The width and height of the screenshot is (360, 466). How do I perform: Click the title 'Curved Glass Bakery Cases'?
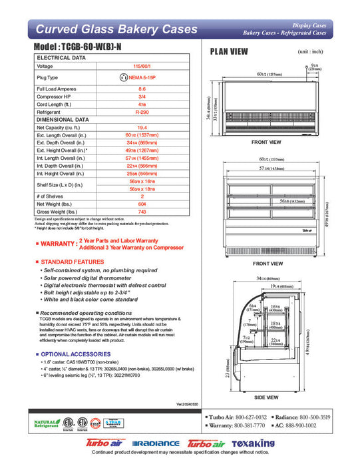tap(116, 29)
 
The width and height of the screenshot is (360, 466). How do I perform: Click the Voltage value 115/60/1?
tap(142, 66)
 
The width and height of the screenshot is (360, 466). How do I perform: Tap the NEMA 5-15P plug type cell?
tap(142, 77)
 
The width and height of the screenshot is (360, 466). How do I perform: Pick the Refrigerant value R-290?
tap(142, 113)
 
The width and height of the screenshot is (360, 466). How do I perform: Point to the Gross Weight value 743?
tap(142, 212)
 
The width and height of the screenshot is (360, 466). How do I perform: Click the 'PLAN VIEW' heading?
tap(230, 52)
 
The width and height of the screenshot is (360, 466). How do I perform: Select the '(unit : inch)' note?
tap(311, 51)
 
